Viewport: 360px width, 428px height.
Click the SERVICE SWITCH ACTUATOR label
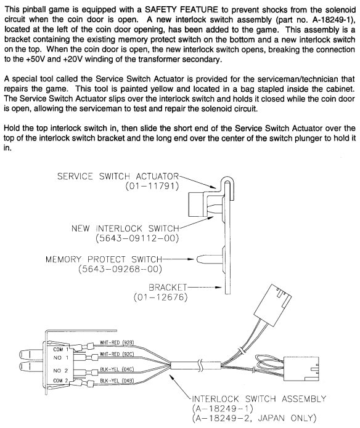(118, 176)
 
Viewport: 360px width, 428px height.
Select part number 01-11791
(152, 186)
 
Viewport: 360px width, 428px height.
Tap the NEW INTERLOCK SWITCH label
(125, 228)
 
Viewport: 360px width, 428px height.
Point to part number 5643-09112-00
(137, 238)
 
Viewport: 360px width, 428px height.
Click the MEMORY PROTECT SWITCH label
(104, 259)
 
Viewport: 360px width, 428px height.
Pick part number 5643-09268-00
(120, 269)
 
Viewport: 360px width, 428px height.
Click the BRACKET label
(168, 287)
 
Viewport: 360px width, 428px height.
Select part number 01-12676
(161, 297)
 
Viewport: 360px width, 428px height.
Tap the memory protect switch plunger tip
(198, 259)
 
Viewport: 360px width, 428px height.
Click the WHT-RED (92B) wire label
(117, 342)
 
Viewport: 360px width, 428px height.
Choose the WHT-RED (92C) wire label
(117, 354)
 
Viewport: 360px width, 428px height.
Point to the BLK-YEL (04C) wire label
(117, 369)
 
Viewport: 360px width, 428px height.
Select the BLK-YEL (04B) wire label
(117, 381)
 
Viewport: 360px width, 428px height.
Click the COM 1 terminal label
(61, 349)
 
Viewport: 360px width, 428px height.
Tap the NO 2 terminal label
(60, 370)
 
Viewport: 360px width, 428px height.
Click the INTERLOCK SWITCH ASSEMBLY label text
(259, 399)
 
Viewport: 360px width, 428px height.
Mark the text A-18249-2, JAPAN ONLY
(254, 418)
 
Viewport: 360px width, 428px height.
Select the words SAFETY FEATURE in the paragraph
(181, 10)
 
